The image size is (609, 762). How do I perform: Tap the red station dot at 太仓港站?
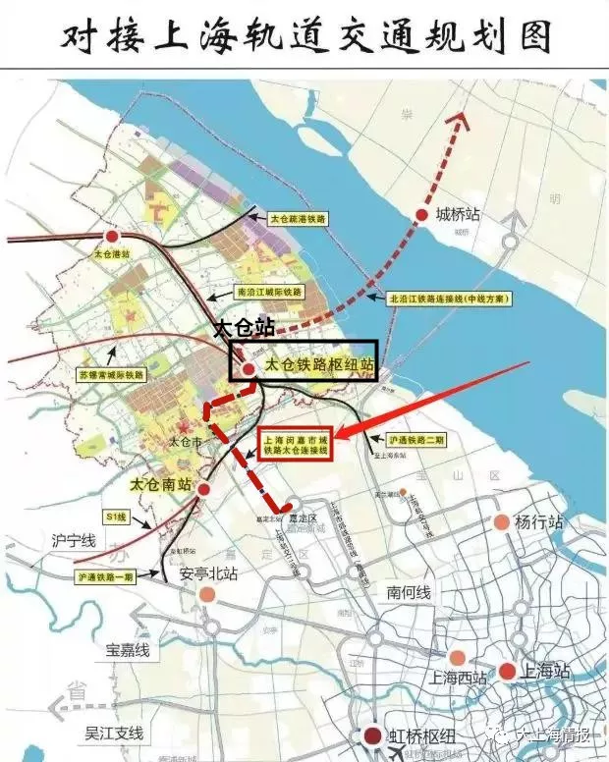112,237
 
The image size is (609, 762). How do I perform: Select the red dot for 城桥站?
421,214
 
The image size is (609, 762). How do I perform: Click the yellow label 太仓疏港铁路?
299,216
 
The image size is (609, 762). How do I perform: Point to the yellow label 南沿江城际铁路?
272,293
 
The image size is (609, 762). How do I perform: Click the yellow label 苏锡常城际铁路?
112,374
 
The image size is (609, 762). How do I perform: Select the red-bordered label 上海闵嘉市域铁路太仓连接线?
294,446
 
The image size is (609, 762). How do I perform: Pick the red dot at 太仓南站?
203,488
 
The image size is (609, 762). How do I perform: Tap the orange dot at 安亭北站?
206,594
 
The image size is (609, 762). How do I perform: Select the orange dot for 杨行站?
503,522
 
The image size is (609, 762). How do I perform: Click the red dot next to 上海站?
507,672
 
